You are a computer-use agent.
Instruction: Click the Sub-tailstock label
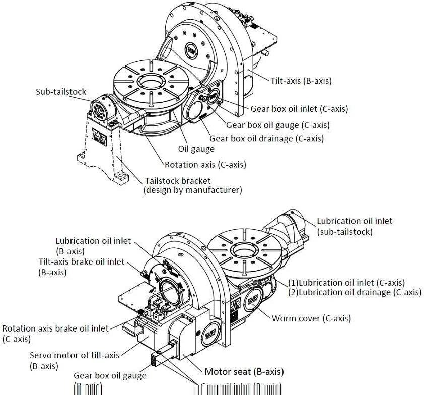[x=60, y=92]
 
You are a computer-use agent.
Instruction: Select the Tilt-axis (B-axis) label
[x=294, y=80]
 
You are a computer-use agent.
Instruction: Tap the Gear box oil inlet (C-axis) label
[x=299, y=109]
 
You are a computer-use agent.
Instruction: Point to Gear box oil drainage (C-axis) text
[x=266, y=138]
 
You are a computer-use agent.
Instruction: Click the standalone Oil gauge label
[x=196, y=149]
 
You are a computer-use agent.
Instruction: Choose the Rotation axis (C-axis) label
[x=205, y=164]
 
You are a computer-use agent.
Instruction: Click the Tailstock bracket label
[x=178, y=181]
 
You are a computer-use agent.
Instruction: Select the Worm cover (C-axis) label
[x=311, y=318]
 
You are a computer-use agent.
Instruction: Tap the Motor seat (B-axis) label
[x=244, y=372]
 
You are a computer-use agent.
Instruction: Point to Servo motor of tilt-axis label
[x=75, y=355]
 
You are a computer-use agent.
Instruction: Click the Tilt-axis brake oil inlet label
[x=81, y=262]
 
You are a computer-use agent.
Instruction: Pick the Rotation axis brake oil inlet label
[x=55, y=328]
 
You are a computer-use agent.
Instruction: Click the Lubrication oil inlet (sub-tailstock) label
[x=355, y=221]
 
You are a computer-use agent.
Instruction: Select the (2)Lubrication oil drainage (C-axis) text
[x=355, y=292]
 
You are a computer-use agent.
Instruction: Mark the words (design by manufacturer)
[x=192, y=190]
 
